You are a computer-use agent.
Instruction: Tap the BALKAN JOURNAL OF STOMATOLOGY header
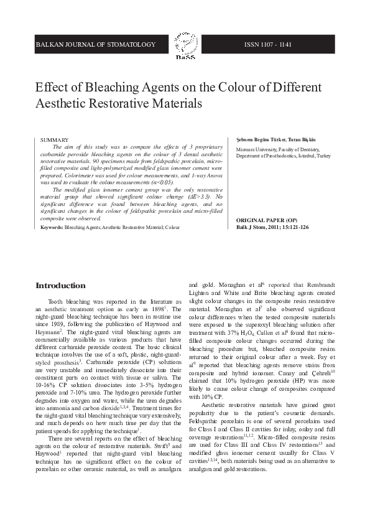coord(95,45)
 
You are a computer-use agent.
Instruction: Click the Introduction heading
coord(60,286)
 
